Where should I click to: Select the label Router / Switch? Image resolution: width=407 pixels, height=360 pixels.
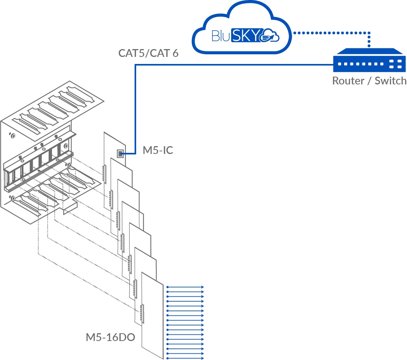click(x=369, y=81)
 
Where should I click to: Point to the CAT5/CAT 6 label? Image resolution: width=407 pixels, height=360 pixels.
click(x=148, y=53)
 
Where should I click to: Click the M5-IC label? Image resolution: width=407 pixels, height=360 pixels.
click(x=158, y=151)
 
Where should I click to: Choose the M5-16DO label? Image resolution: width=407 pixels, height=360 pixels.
click(x=110, y=337)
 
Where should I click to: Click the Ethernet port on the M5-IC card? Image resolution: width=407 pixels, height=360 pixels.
click(x=120, y=153)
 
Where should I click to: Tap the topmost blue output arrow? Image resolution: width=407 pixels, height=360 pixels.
click(x=185, y=287)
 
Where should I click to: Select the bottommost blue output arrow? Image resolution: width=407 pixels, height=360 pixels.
click(x=185, y=358)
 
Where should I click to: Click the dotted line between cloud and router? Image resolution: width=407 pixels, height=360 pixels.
click(x=331, y=33)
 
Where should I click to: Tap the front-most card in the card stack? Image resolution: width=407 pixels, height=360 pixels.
click(x=153, y=320)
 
